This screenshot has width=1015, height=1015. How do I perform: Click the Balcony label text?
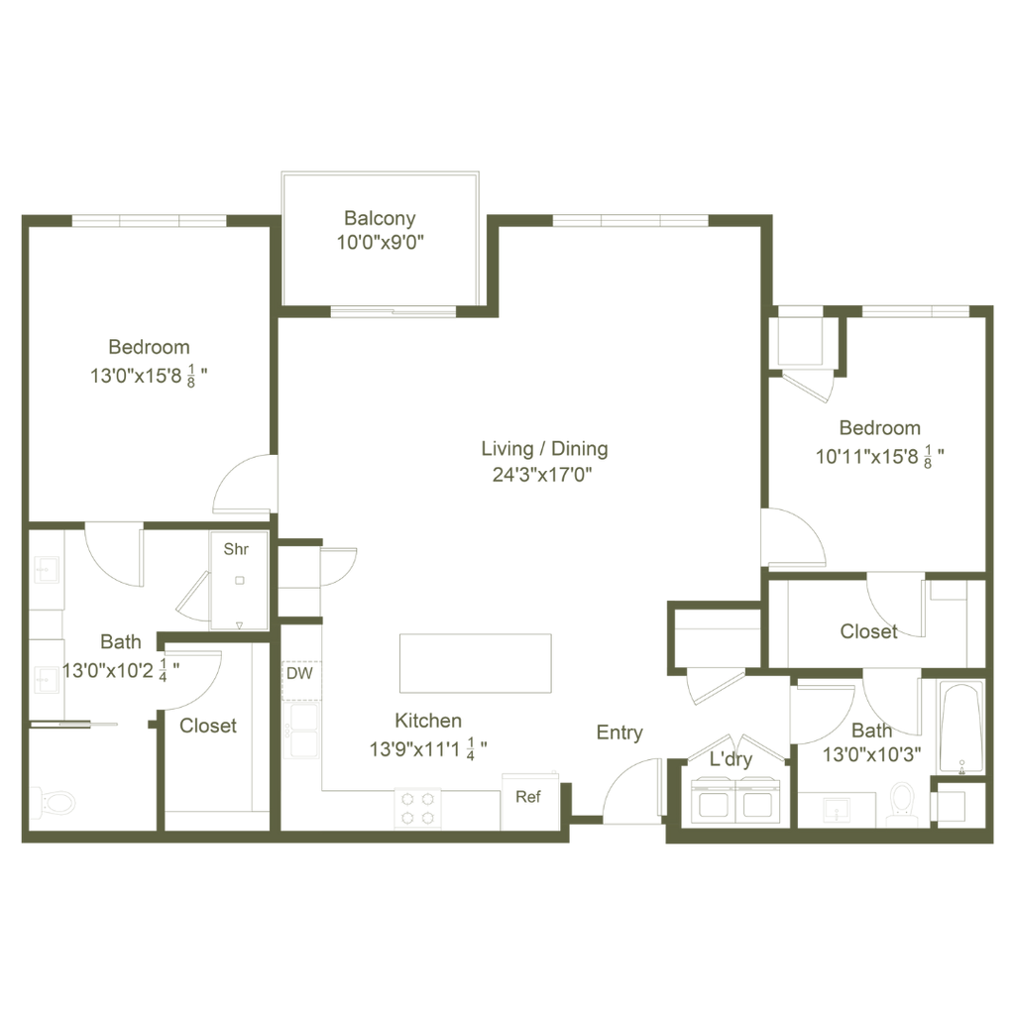click(x=380, y=218)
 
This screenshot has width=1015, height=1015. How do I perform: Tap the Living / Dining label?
click(x=544, y=449)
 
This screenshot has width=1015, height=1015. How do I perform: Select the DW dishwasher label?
click(x=299, y=673)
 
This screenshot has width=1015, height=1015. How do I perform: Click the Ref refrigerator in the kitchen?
click(x=530, y=801)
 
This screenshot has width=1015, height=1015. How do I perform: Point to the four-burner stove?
click(x=417, y=809)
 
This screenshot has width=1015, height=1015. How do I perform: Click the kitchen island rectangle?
click(x=476, y=663)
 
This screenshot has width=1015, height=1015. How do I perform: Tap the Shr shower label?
click(x=236, y=549)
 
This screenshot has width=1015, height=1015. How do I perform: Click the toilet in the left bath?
click(x=54, y=804)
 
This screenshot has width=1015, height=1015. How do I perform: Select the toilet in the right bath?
click(x=902, y=804)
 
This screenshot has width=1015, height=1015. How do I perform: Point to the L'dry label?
click(x=731, y=758)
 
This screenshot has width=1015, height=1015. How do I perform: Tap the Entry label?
click(x=620, y=733)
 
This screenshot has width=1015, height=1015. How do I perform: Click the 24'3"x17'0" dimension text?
click(x=542, y=475)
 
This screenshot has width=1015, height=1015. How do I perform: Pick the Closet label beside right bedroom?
click(x=868, y=631)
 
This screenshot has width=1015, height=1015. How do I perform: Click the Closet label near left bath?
click(x=208, y=726)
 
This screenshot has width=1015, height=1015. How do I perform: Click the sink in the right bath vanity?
click(x=837, y=809)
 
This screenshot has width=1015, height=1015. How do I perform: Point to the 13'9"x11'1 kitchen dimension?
click(x=428, y=749)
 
